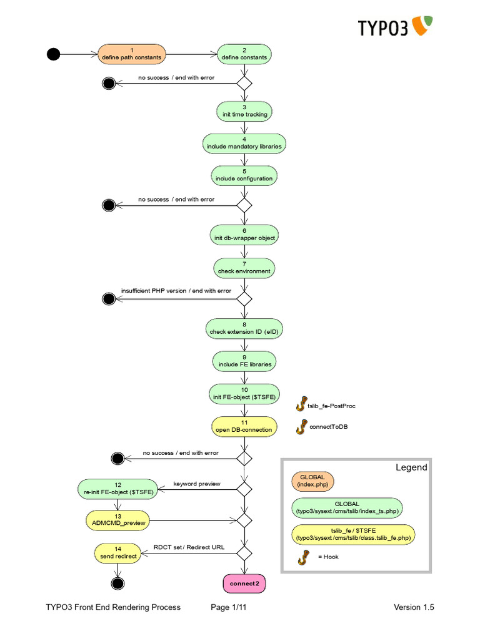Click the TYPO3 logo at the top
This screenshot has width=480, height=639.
click(x=395, y=27)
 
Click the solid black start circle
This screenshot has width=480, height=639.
click(x=54, y=54)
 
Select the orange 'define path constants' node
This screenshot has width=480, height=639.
click(x=132, y=54)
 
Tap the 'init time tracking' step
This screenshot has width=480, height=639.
click(x=244, y=111)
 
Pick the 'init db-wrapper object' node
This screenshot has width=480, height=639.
click(x=244, y=235)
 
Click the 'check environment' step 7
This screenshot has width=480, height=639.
click(x=244, y=268)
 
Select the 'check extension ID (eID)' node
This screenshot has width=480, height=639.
click(x=244, y=329)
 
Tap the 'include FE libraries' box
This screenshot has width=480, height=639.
click(x=244, y=361)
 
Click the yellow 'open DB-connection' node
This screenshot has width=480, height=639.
click(x=244, y=426)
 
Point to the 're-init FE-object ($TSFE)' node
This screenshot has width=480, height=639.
click(x=119, y=489)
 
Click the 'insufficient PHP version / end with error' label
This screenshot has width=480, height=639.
click(x=176, y=291)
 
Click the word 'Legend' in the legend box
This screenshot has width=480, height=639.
click(x=412, y=467)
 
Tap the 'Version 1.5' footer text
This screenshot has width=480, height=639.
click(x=414, y=607)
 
